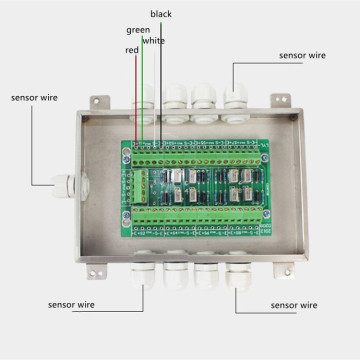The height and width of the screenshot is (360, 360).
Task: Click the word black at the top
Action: click(x=160, y=14)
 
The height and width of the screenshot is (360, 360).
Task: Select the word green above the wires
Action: click(x=139, y=31)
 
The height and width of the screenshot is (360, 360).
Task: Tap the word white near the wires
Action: click(x=153, y=41)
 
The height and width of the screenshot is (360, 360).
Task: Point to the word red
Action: click(x=131, y=50)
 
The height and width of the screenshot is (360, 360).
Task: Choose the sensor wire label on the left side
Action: click(x=33, y=98)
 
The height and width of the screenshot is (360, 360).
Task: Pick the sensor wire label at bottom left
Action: click(x=72, y=302)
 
